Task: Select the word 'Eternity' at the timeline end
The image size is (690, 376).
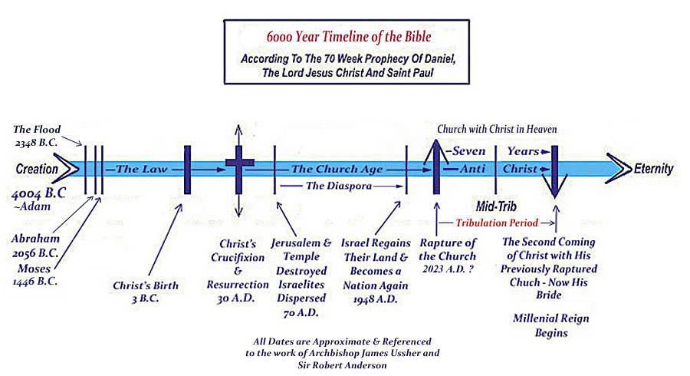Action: point(653,169)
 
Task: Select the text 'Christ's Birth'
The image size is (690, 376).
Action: point(146,285)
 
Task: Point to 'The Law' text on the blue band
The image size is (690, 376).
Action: point(139,168)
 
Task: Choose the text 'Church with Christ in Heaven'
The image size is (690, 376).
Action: point(497,130)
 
